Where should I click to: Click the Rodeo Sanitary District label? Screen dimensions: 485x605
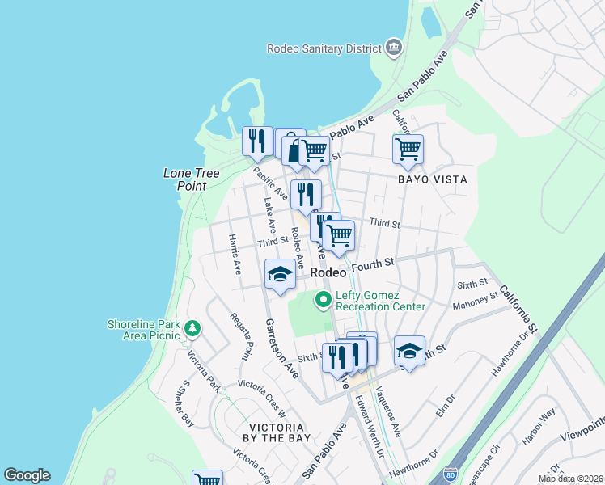[324, 48]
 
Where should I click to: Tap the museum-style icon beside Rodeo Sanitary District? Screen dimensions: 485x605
[394, 48]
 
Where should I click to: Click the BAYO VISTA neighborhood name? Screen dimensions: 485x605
[432, 179]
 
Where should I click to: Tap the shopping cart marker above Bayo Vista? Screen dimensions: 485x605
[408, 149]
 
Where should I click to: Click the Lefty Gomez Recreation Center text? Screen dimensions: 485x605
[380, 301]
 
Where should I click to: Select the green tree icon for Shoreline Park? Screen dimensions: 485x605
[192, 328]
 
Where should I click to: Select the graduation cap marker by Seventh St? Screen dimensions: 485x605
[409, 351]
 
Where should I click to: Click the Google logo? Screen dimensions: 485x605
[27, 475]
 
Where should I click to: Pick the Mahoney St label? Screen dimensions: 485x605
[476, 300]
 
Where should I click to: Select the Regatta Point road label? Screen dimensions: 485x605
[240, 336]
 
